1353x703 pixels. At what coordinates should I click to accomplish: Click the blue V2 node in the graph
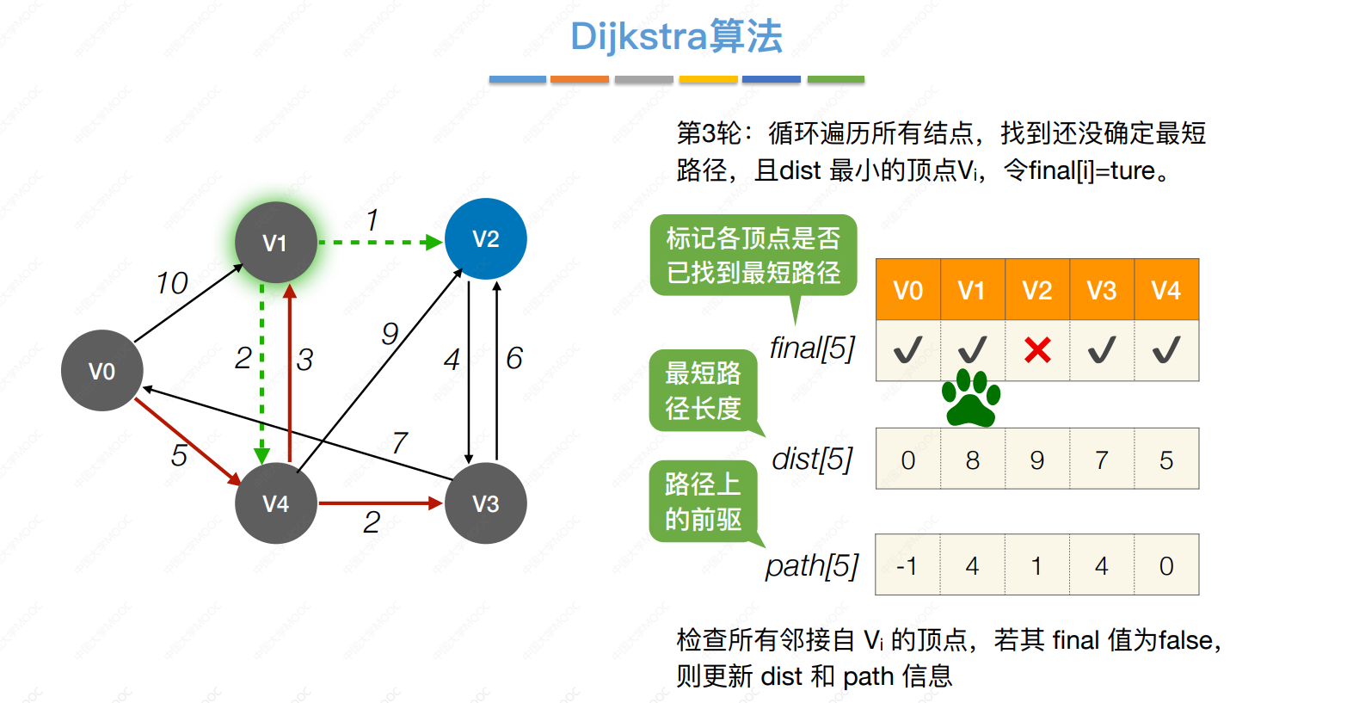[486, 238]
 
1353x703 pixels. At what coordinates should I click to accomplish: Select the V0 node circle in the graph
[102, 371]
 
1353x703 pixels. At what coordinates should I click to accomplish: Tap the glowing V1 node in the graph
[276, 243]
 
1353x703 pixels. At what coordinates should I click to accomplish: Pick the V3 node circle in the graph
[486, 503]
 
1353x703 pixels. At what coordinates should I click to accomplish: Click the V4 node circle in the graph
[276, 503]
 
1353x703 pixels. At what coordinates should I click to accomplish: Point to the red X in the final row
[1037, 350]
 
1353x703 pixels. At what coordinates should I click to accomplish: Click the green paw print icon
[971, 398]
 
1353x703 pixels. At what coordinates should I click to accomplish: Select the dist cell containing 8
[973, 459]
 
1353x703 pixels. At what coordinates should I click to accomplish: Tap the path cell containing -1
[907, 564]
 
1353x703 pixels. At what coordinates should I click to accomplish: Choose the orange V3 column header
[1102, 289]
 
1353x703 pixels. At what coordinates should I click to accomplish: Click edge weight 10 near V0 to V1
[172, 283]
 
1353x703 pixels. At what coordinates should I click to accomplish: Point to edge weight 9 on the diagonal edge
[391, 334]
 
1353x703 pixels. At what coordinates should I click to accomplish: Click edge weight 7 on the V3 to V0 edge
[399, 442]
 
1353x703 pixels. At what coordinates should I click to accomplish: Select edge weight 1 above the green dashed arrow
[372, 220]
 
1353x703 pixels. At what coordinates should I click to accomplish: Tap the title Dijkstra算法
[676, 36]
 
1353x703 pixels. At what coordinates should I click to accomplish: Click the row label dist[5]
[813, 459]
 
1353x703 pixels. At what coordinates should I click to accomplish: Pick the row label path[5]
[812, 566]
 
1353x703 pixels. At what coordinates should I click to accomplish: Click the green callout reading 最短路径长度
[704, 391]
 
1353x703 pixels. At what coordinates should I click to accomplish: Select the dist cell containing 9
[1037, 459]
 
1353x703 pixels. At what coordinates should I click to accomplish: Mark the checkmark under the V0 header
[907, 349]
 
